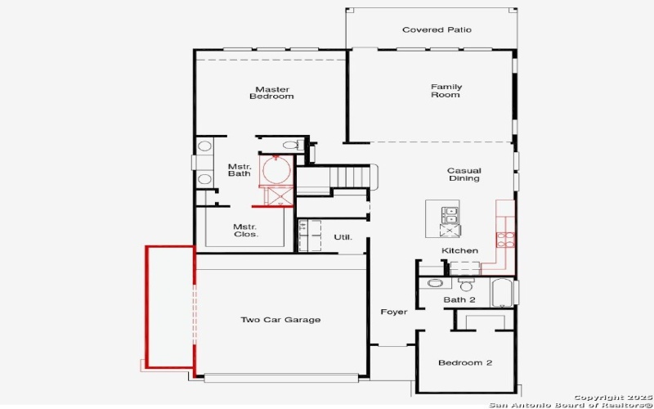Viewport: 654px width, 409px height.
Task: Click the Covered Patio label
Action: (437, 30)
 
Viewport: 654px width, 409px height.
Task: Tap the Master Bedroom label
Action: (273, 92)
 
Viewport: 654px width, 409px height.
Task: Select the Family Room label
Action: (446, 91)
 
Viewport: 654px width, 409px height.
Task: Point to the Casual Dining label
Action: (463, 175)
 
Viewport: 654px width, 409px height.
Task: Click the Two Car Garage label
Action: (280, 320)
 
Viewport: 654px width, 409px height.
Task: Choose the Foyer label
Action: (393, 312)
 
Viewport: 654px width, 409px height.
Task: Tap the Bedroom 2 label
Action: (464, 362)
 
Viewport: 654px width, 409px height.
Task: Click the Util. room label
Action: (343, 237)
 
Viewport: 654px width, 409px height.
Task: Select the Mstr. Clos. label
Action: (245, 231)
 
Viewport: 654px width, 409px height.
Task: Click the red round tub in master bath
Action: (277, 172)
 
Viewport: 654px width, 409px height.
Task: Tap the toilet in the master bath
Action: (288, 146)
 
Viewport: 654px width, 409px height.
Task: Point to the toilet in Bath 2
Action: (467, 285)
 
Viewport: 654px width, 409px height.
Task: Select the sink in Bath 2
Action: (435, 284)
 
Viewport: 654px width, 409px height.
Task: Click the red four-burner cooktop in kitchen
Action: (505, 240)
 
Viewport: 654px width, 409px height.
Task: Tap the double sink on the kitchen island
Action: (450, 215)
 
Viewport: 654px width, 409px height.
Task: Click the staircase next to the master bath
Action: (352, 176)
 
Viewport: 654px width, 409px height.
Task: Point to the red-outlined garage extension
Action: (170, 307)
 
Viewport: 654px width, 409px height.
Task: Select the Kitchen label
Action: (459, 250)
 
